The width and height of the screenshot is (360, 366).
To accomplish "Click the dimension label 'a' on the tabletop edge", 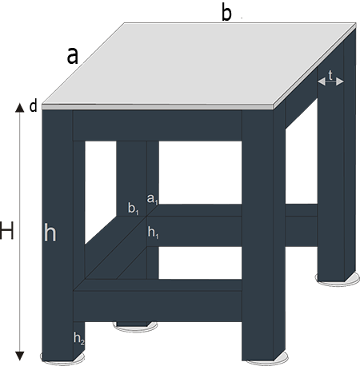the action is point(73,56).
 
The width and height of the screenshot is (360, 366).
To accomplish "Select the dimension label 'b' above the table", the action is point(226,13).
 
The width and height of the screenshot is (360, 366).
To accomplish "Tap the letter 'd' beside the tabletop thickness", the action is point(34,106).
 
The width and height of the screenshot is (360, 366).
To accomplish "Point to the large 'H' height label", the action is point(6,231).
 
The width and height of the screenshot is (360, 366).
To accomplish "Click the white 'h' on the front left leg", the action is point(50,233).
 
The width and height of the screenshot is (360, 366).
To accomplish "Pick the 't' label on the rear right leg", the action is point(330,75).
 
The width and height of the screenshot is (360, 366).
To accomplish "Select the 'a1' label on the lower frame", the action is point(153,199).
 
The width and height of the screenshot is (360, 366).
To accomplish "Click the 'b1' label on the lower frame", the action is point(134,209).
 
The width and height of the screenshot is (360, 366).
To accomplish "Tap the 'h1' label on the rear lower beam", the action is point(154,233).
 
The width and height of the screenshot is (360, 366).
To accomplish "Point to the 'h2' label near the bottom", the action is point(79,339).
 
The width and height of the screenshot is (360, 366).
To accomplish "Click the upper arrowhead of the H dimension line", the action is point(19,108).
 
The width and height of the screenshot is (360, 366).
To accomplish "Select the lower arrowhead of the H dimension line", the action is point(19,356).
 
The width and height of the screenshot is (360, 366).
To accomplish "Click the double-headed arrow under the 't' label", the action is point(330,82).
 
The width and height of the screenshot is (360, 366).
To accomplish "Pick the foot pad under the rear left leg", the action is point(135,328).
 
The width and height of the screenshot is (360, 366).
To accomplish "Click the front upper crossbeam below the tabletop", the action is point(158,125).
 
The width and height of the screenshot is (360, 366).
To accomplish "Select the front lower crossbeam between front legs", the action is point(158,306).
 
